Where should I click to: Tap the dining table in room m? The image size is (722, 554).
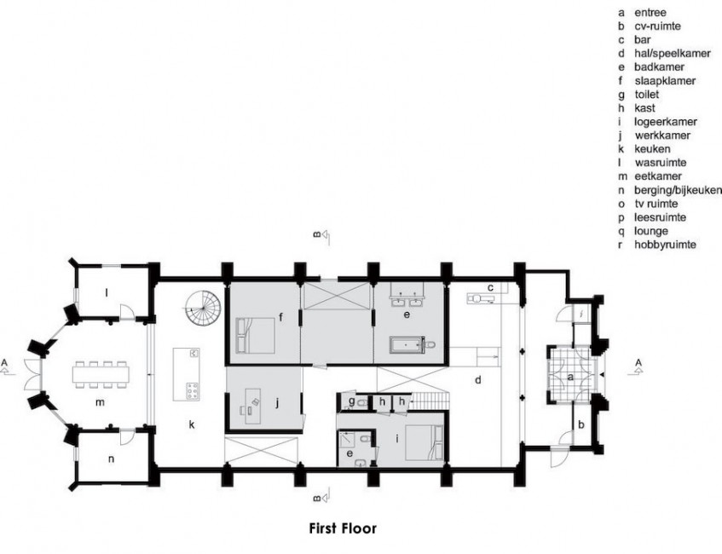[x=101, y=375]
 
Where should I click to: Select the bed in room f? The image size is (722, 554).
[x=255, y=335]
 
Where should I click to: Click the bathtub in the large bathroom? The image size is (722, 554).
[x=406, y=344]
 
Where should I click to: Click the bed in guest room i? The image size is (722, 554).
[x=425, y=442]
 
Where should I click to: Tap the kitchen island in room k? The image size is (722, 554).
[x=187, y=374]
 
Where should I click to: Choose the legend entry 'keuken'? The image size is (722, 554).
[x=652, y=149]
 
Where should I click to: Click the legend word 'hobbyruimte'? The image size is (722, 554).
[x=665, y=245]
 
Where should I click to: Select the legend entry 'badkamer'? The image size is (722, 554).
[x=659, y=67]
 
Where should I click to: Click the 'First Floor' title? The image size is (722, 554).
[x=343, y=528]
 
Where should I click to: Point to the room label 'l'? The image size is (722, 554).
[x=107, y=293]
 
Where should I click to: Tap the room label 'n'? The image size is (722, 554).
[x=111, y=459]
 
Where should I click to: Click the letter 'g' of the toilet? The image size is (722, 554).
[x=352, y=401]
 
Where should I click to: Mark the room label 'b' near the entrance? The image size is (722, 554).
[x=581, y=424]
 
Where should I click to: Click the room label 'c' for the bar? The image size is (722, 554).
[x=491, y=288]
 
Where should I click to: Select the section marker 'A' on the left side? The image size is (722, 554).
[x=4, y=362]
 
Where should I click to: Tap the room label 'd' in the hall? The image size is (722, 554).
[x=478, y=380]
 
